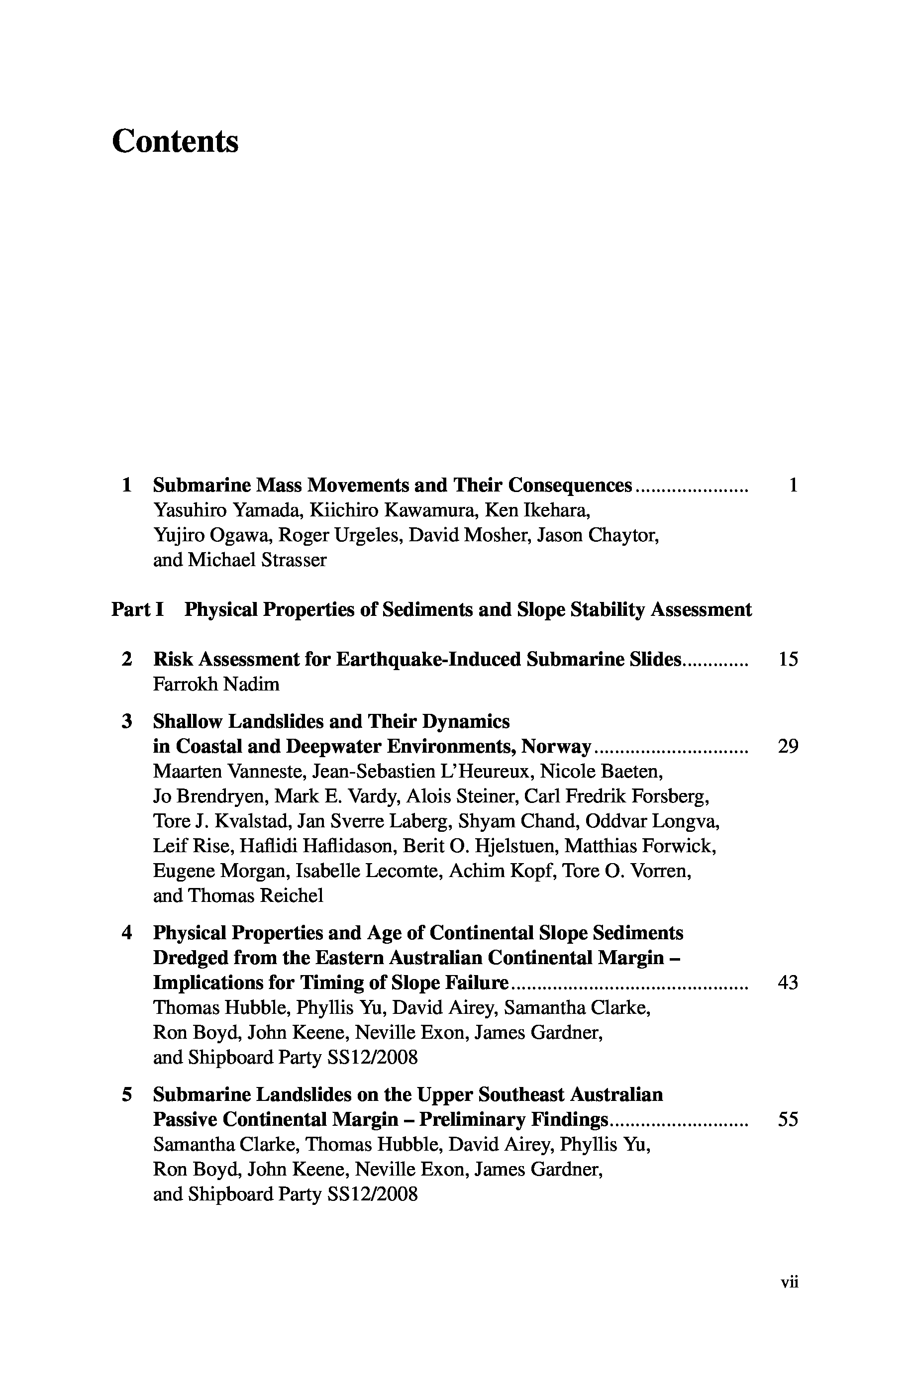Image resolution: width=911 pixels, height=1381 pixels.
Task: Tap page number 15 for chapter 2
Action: click(x=788, y=659)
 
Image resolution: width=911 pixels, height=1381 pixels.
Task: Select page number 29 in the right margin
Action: click(x=788, y=746)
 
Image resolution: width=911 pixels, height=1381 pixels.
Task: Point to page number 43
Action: click(x=788, y=983)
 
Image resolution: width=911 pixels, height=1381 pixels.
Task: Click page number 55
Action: click(x=788, y=1119)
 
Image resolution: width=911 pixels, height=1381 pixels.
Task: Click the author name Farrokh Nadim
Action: click(x=216, y=684)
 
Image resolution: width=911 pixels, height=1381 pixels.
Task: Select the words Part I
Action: click(x=138, y=610)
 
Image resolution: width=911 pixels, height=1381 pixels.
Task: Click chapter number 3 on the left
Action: click(x=127, y=721)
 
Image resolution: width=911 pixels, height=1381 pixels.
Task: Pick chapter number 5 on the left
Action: click(x=127, y=1094)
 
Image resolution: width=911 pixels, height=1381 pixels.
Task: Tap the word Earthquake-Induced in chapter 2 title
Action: click(x=428, y=659)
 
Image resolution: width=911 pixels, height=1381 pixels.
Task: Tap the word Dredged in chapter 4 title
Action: click(x=190, y=958)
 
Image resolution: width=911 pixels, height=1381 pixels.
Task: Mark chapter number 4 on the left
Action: click(x=127, y=933)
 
